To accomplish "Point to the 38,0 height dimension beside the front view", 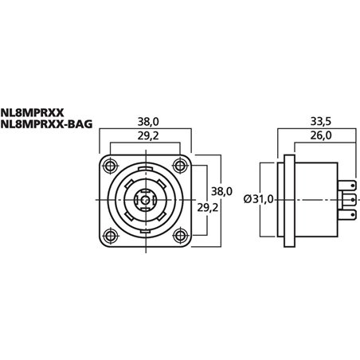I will pos(222,191).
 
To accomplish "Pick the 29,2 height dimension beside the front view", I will pos(206,205).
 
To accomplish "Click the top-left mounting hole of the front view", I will pos(107,165).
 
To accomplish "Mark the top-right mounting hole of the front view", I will pos(184,165).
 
